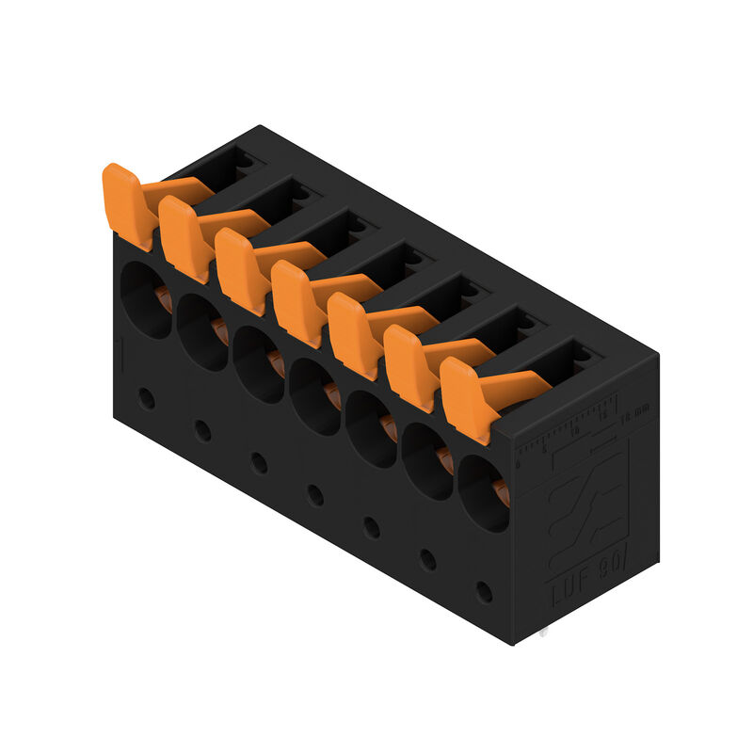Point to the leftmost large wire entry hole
point(147,298)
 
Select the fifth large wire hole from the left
point(371,428)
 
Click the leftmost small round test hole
point(147,397)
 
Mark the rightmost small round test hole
point(484,592)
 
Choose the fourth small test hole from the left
point(315,495)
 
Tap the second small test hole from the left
point(202,430)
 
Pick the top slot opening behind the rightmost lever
point(569,358)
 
